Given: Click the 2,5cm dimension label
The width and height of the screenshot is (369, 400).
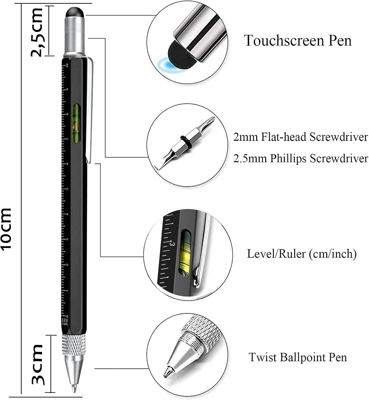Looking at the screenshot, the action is tap(37, 32).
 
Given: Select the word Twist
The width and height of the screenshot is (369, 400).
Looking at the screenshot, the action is tap(262, 357).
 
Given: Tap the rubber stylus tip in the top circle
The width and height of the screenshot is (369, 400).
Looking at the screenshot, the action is tap(182, 56).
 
